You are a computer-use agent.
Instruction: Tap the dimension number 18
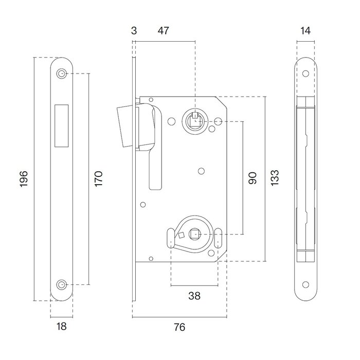[61, 326]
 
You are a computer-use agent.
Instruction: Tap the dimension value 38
[194, 296]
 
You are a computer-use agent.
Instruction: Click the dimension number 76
[179, 327]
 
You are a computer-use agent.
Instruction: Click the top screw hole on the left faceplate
[62, 74]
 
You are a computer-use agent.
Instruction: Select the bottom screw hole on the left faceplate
[62, 284]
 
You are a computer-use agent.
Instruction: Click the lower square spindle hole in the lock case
[195, 235]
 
